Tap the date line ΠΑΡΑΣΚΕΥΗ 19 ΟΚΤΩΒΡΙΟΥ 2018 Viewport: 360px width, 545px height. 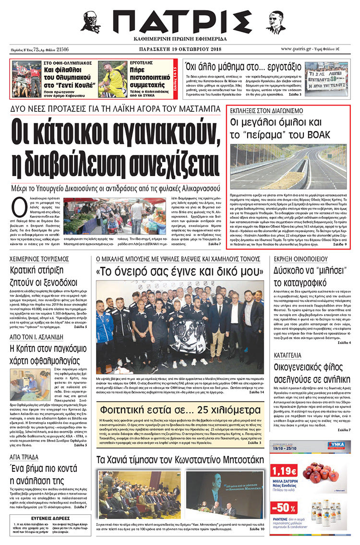180,49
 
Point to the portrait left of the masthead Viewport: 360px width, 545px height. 91,22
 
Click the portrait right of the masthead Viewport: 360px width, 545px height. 276,22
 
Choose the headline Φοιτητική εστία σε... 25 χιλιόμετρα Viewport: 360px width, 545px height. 180,410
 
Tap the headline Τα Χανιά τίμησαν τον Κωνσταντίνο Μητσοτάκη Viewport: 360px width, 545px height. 180,460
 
